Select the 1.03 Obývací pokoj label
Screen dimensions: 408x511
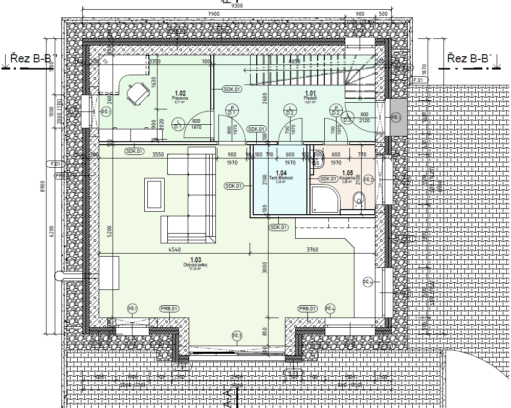point(195,263)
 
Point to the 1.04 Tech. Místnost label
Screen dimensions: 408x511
point(281,176)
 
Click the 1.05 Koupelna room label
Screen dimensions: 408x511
point(347,176)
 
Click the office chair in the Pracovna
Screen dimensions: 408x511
point(138,93)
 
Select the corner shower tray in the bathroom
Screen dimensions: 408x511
point(325,200)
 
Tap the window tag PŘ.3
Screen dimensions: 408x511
point(236,335)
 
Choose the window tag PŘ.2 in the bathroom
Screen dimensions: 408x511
point(369,179)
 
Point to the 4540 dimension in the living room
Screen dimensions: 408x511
point(174,250)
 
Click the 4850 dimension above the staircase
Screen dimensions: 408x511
point(294,61)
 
